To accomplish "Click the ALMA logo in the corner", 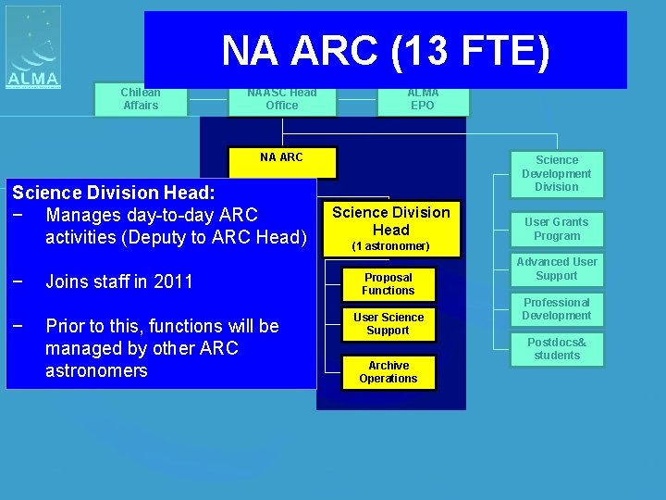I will [x=33, y=48].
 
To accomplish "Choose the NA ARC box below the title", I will [x=281, y=159].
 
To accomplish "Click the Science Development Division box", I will [x=557, y=174].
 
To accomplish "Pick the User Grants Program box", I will [x=557, y=229].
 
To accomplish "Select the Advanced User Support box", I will [x=557, y=269].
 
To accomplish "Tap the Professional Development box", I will [x=557, y=309].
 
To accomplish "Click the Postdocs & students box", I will [x=557, y=349].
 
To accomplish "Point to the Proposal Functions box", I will [x=388, y=284].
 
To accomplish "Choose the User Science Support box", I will [x=388, y=324].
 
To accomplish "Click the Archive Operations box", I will [x=388, y=372].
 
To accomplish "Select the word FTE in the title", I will [x=490, y=52].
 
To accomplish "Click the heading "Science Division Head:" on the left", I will [x=113, y=193].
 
